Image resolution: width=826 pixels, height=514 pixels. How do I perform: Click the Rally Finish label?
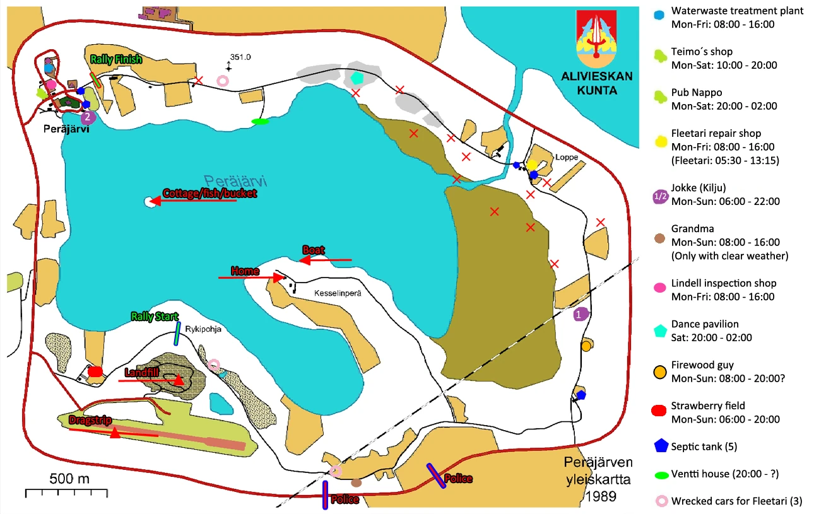[116, 59]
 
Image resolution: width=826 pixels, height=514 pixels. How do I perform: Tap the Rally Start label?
[155, 317]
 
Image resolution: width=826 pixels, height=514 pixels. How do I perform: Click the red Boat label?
[314, 250]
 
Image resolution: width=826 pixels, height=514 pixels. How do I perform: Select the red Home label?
[245, 271]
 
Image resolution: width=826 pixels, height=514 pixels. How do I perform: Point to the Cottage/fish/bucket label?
[209, 194]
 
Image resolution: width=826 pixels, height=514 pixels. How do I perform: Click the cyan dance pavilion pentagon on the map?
[358, 78]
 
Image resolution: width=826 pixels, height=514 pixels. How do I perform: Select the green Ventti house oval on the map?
[260, 121]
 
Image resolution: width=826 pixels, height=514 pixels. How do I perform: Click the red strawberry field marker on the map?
[95, 371]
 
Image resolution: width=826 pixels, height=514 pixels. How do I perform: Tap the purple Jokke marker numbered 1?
[581, 313]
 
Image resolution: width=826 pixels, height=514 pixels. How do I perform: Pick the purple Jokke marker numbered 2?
[88, 117]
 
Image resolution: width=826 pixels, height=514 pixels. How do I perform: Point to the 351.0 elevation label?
[241, 57]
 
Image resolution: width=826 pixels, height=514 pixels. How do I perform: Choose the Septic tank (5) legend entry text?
[704, 447]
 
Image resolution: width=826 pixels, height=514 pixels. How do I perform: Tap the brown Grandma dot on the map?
[356, 483]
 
